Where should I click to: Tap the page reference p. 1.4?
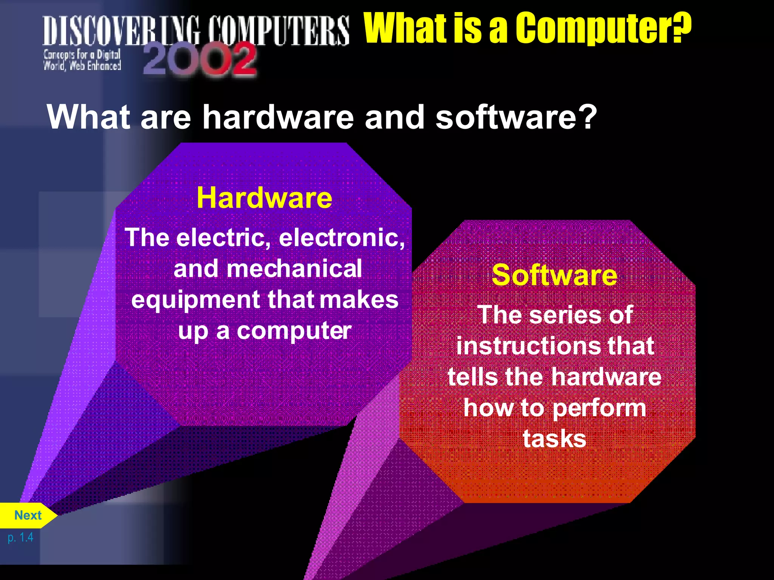[x=20, y=537]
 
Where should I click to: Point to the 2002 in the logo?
[x=200, y=59]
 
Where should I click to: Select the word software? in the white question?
[x=516, y=117]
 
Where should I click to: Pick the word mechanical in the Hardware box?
[x=294, y=269]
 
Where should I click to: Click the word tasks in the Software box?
[x=554, y=439]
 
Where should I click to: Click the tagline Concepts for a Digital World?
[x=82, y=60]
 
